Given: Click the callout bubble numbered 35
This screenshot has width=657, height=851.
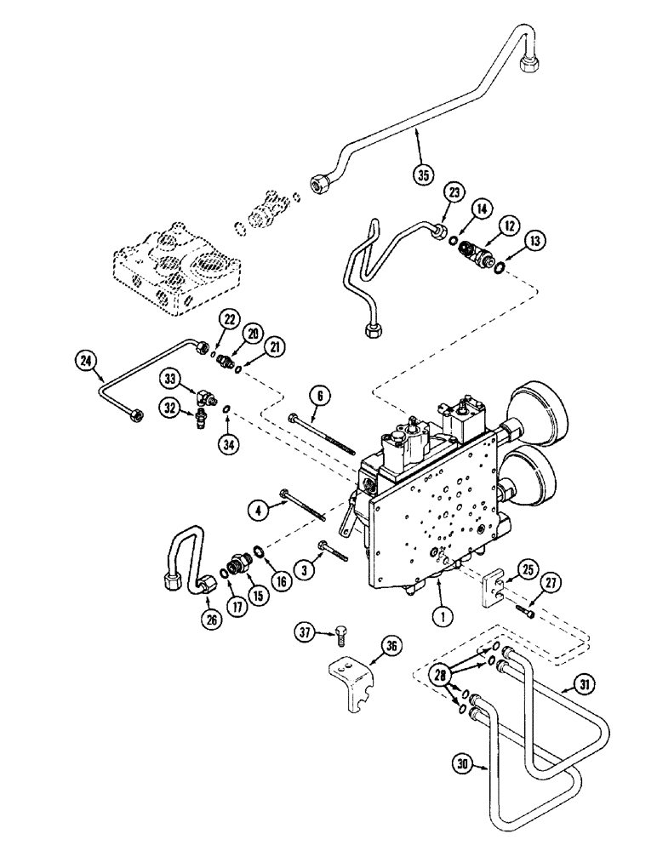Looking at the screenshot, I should coord(420,176).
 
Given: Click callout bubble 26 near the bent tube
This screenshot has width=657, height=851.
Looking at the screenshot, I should coord(212,619).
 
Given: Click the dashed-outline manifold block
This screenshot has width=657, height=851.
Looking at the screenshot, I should coord(179,268).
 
